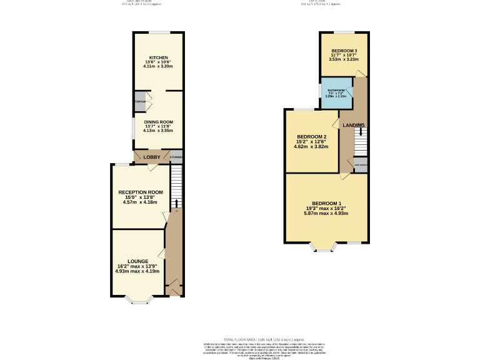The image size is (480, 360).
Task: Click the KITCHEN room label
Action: (157, 57)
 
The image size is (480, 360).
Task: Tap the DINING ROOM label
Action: (158, 122)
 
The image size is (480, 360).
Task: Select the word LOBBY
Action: (152, 157)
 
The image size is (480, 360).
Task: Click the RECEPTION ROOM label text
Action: (141, 192)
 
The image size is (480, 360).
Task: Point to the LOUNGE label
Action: (137, 261)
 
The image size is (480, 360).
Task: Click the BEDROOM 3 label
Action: (344, 51)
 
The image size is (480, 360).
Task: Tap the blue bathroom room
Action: (336, 94)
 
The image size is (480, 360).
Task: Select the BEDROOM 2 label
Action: (312, 137)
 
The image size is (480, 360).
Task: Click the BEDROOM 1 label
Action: (327, 203)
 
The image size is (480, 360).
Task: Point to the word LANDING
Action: (353, 126)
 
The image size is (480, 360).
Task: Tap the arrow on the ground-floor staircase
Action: (176, 203)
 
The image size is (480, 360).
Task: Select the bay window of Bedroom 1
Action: (324, 247)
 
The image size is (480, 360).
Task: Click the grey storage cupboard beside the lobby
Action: (176, 157)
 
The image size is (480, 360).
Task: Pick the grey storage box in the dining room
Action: (139, 102)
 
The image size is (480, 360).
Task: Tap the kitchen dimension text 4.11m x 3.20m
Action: (157, 66)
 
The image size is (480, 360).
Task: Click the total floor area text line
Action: (239, 339)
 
